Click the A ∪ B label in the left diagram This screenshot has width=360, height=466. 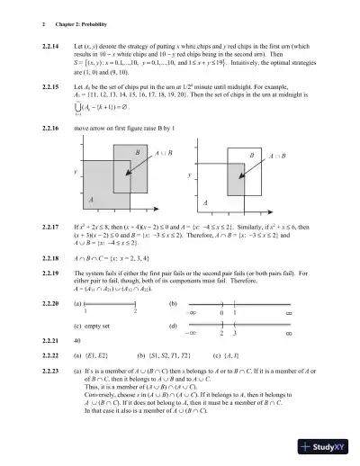(x=166, y=154)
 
